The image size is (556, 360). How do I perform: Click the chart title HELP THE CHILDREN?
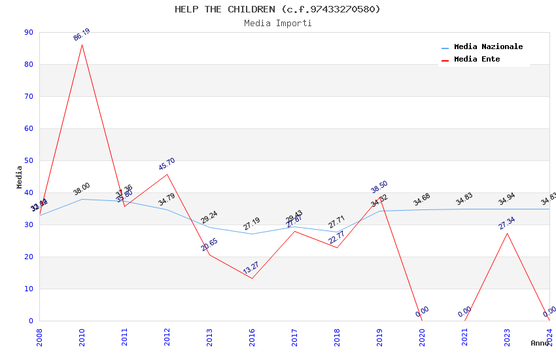[277, 9]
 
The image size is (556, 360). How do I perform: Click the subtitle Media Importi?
[277, 23]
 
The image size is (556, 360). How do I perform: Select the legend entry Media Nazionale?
[488, 46]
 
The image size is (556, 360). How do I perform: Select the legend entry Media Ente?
[477, 59]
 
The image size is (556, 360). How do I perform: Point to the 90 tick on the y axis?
[28, 32]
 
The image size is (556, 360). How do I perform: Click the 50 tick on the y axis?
[28, 160]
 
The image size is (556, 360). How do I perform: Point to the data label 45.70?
[167, 164]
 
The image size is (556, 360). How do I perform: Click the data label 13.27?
[251, 268]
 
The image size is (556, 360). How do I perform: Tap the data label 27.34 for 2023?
[507, 223]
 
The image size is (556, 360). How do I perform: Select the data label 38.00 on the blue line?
[82, 189]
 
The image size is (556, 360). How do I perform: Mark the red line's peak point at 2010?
[82, 45]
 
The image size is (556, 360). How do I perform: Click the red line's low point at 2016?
[252, 278]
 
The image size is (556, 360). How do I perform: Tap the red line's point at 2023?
[507, 233]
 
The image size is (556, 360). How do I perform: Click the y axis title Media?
[20, 177]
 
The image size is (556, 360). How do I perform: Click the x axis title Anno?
[540, 343]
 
